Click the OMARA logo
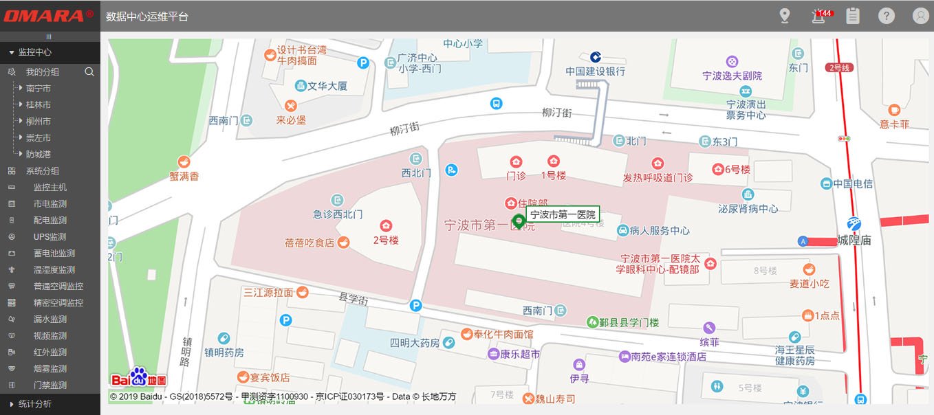(x=49, y=15)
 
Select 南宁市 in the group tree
(x=39, y=89)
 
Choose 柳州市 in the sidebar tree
(x=39, y=122)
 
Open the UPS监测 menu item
(x=50, y=237)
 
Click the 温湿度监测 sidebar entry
(x=54, y=270)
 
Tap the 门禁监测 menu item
(x=50, y=385)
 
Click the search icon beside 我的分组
(x=89, y=72)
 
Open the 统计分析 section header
(x=34, y=404)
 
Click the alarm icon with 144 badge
(x=818, y=16)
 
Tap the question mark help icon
(x=887, y=16)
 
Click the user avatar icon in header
(x=920, y=16)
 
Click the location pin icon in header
(x=785, y=16)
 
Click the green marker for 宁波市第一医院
(x=519, y=221)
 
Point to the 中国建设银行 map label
(x=596, y=71)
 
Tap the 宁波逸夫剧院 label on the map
(x=732, y=76)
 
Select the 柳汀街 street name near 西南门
(x=404, y=127)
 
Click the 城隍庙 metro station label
(x=854, y=240)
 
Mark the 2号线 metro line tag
(x=840, y=67)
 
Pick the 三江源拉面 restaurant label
(x=268, y=293)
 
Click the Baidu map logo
(x=138, y=378)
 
